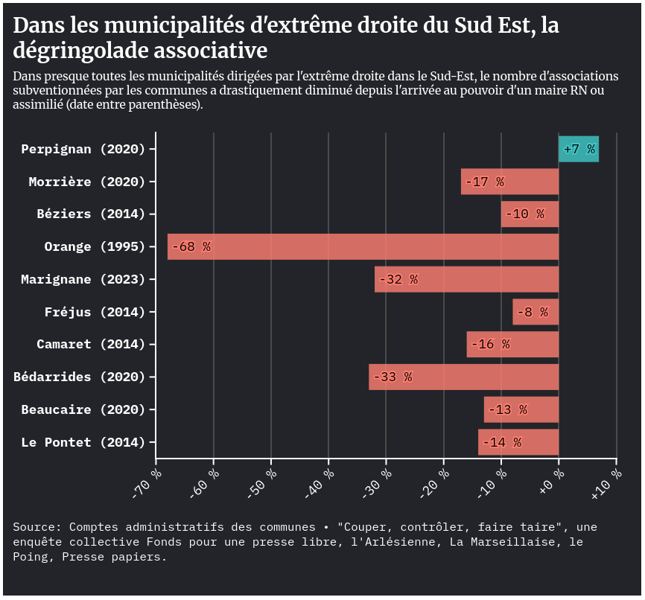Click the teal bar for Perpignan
click(x=579, y=149)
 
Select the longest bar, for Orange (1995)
click(x=363, y=246)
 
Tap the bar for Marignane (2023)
click(x=466, y=279)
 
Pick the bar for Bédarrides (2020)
click(x=463, y=377)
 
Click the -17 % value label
click(x=485, y=182)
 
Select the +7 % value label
click(x=579, y=149)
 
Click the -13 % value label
click(x=508, y=409)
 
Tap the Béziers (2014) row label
click(x=91, y=214)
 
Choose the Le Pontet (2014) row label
click(x=83, y=442)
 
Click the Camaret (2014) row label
click(x=91, y=344)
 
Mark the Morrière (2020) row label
click(x=87, y=182)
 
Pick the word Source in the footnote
click(x=34, y=527)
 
